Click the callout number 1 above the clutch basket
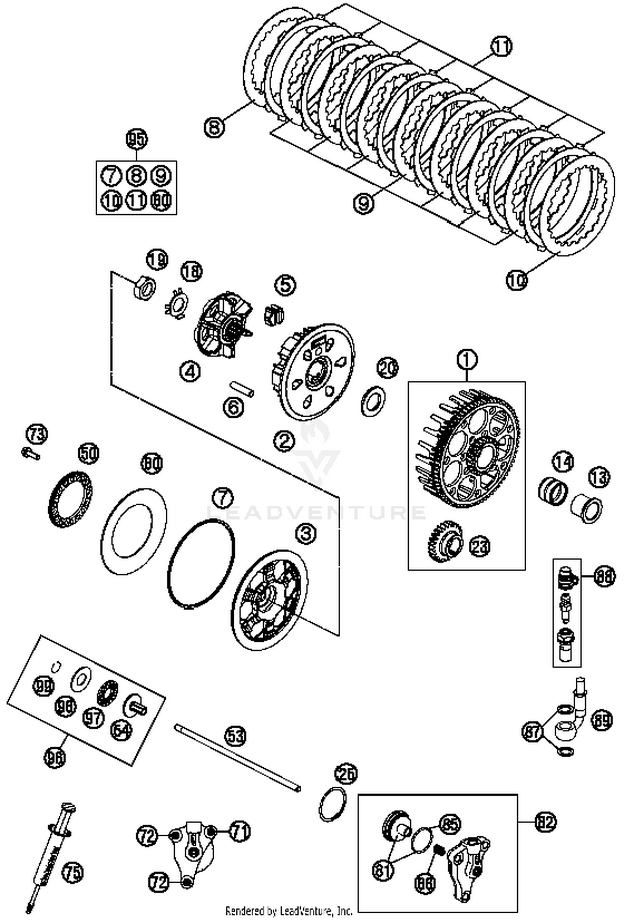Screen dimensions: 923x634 tap(467, 360)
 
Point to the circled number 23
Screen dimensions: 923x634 tap(480, 546)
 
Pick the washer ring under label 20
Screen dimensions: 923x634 tap(373, 400)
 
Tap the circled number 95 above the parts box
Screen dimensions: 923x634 tap(137, 139)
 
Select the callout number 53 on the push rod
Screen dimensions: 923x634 tap(235, 736)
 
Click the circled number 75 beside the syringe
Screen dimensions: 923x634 tap(73, 872)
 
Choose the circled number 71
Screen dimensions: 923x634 tap(240, 831)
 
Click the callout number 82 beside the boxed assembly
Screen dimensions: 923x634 tap(545, 822)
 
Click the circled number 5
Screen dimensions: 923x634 tap(285, 285)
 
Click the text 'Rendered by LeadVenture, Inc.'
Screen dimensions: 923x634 tap(289, 910)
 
